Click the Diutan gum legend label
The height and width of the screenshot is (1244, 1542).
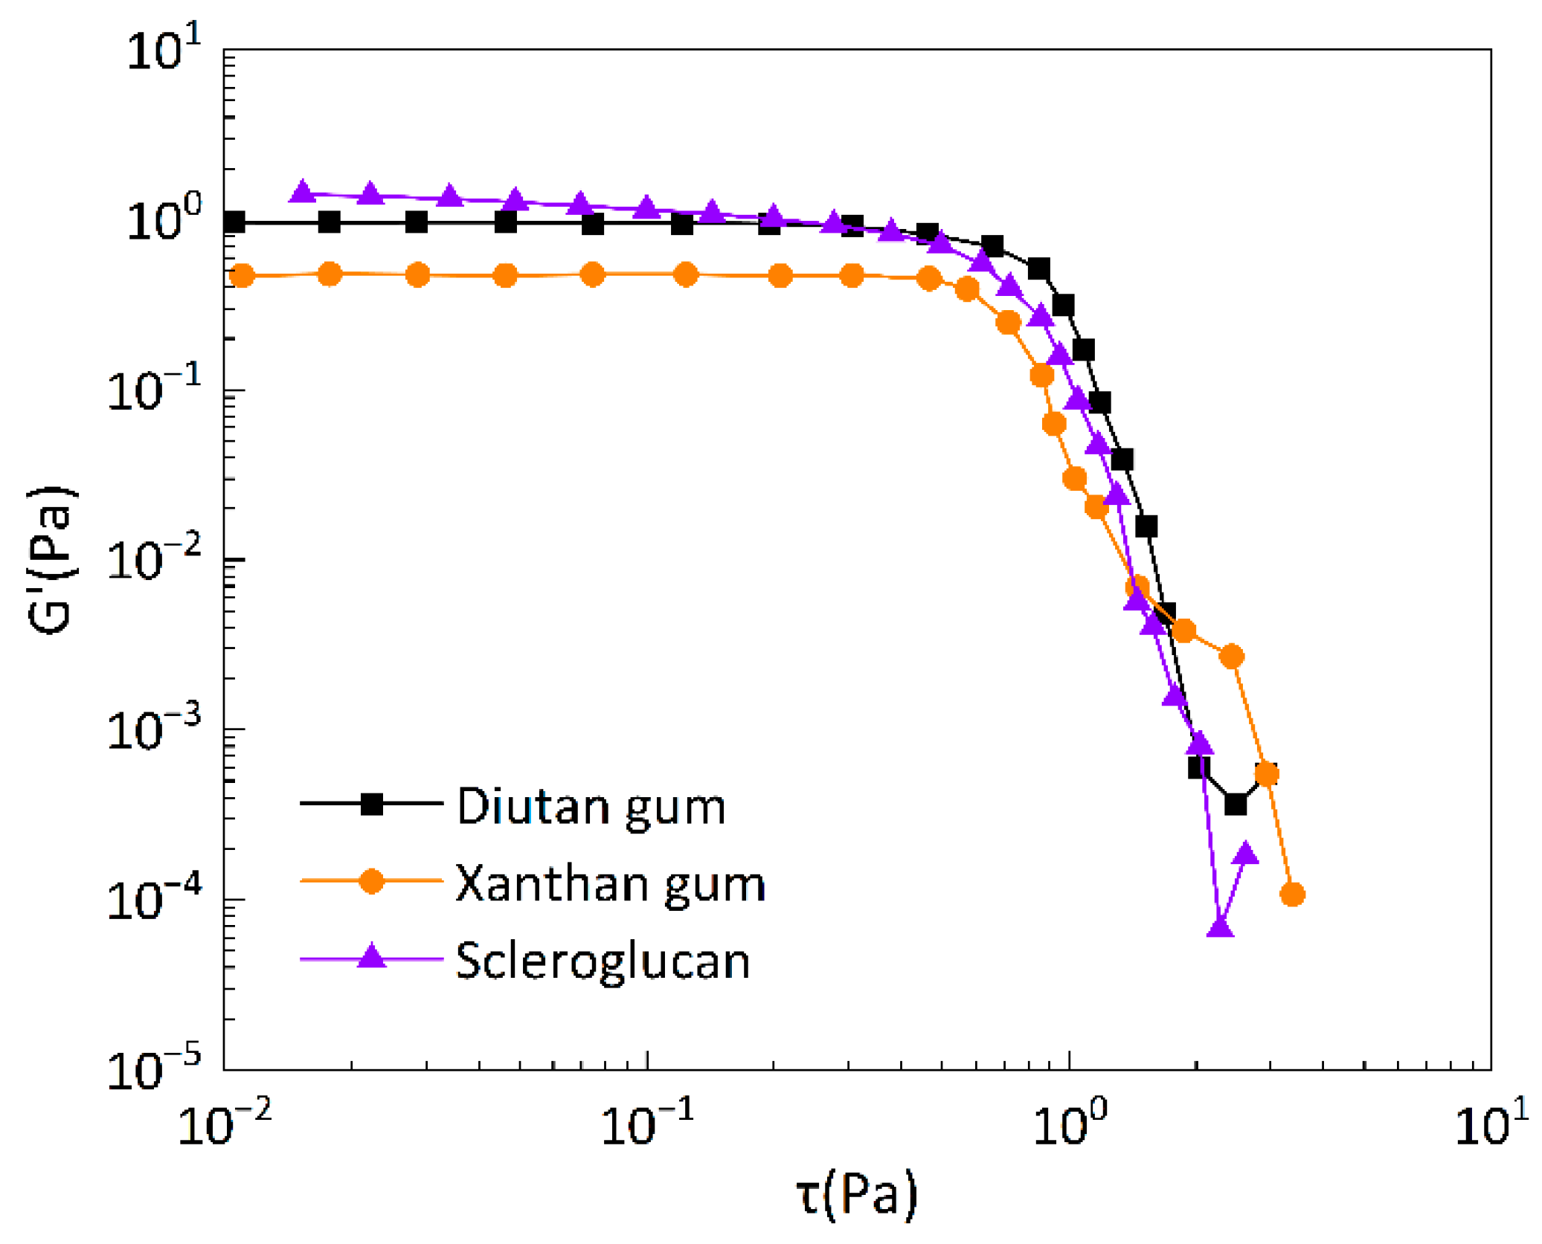[591, 807]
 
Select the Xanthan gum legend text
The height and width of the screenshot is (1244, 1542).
[610, 884]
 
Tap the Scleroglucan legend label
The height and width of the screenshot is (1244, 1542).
[603, 961]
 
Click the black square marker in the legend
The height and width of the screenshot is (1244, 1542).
[371, 804]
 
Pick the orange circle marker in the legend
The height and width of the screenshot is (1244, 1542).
[371, 881]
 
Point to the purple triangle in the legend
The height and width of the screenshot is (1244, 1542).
[371, 956]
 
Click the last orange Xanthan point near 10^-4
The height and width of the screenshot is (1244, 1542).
[1293, 894]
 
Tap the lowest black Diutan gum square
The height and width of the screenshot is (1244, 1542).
[1236, 805]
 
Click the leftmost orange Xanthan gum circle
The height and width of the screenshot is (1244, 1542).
[242, 276]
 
